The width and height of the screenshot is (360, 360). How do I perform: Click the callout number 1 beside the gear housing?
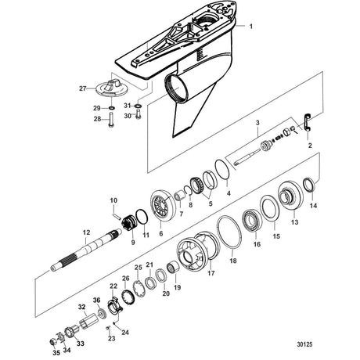pos(251,27)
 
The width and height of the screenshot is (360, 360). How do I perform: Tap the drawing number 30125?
pos(304,344)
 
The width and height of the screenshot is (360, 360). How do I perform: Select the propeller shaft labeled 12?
pos(86,250)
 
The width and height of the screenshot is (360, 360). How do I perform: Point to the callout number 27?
pos(83,88)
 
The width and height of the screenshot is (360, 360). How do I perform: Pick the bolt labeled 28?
pos(111,120)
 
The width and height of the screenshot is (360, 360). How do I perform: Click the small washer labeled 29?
pos(112,108)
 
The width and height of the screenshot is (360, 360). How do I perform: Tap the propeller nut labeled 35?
pos(53,342)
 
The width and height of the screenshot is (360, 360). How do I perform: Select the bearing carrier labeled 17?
pos(198,251)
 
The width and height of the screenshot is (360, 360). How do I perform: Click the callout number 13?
pos(294,222)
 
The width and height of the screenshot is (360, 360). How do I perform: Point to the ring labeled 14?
pos(310,185)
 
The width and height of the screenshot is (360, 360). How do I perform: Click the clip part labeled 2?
pos(308,122)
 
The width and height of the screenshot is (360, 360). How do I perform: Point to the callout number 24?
pos(125,333)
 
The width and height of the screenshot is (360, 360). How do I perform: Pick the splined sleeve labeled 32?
pos(88,321)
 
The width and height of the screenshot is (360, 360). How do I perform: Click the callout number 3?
pos(257,123)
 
